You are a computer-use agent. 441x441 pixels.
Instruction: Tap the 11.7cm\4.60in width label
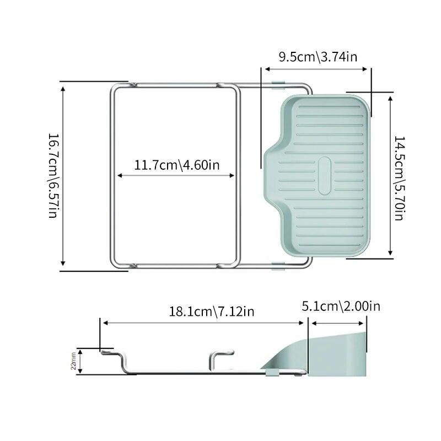pyautogui.click(x=176, y=165)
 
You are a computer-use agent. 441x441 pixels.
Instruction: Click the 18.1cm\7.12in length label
pyautogui.click(x=212, y=311)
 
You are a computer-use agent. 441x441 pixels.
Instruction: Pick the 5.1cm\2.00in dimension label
pyautogui.click(x=341, y=306)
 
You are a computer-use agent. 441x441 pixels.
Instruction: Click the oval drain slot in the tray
pyautogui.click(x=325, y=176)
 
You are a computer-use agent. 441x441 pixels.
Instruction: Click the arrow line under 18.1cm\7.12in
pyautogui.click(x=204, y=324)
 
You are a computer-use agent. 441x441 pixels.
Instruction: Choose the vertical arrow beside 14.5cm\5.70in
pyautogui.click(x=390, y=178)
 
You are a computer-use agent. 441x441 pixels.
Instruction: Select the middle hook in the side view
pyautogui.click(x=220, y=358)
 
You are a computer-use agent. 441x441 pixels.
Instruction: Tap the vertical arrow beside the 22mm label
pyautogui.click(x=80, y=361)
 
